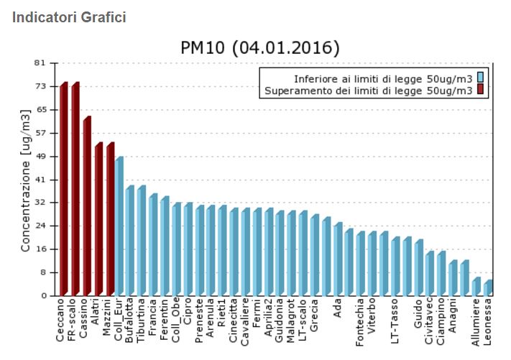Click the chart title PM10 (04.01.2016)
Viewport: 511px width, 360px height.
point(259,48)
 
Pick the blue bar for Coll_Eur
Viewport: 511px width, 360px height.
point(119,227)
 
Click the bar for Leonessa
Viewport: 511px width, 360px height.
point(488,288)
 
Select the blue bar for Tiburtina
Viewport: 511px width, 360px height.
point(142,241)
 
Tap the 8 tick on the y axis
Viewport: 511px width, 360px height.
point(42,272)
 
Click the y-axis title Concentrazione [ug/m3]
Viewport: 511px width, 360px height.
point(25,180)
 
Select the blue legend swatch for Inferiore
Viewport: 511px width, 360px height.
point(479,78)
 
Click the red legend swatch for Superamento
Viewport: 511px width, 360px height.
point(479,91)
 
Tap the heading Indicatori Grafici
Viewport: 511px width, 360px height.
point(69,17)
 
